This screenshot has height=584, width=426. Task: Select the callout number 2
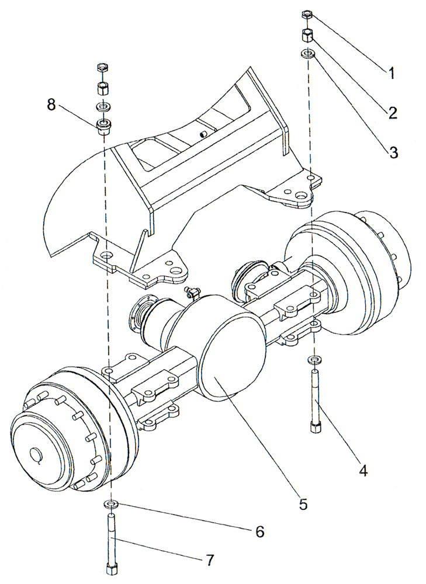[393, 113]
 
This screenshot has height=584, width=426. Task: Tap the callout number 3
[393, 152]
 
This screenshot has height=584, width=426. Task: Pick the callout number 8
[52, 105]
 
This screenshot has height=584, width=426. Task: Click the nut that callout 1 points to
[307, 15]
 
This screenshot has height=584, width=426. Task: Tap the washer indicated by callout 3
[307, 54]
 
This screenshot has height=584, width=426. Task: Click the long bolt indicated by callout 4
[316, 403]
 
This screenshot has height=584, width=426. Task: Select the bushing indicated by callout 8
[104, 126]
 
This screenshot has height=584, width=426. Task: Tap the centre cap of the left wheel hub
[40, 453]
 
